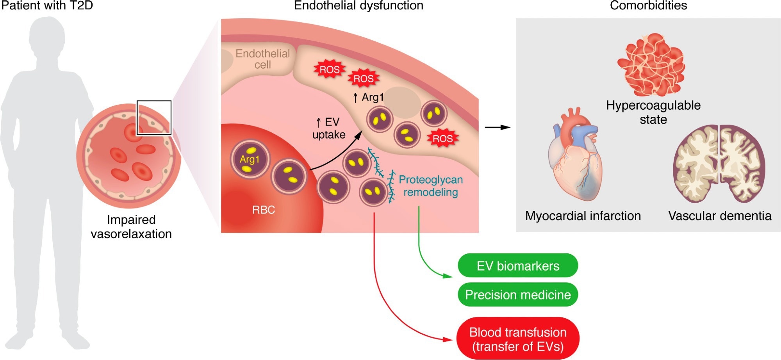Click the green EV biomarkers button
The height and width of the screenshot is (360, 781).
pyautogui.click(x=517, y=266)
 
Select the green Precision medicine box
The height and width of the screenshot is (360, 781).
pyautogui.click(x=517, y=295)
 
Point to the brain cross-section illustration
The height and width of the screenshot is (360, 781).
pyautogui.click(x=719, y=164)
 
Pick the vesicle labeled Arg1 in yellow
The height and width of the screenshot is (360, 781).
pyautogui.click(x=250, y=160)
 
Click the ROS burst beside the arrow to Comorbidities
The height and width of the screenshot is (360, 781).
pyautogui.click(x=442, y=139)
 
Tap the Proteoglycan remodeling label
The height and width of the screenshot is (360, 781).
pyautogui.click(x=430, y=186)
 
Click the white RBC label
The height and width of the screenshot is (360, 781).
pyautogui.click(x=264, y=210)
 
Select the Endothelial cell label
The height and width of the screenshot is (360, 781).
pyautogui.click(x=262, y=59)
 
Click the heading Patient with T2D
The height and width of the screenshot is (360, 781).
pyautogui.click(x=47, y=5)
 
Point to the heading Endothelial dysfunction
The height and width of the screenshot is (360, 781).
pyautogui.click(x=358, y=5)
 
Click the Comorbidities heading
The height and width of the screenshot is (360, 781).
pyautogui.click(x=648, y=5)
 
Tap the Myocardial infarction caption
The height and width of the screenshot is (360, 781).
pyautogui.click(x=583, y=216)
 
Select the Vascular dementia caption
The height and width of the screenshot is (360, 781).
pyautogui.click(x=719, y=216)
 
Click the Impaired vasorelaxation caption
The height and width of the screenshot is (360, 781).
pyautogui.click(x=131, y=227)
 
